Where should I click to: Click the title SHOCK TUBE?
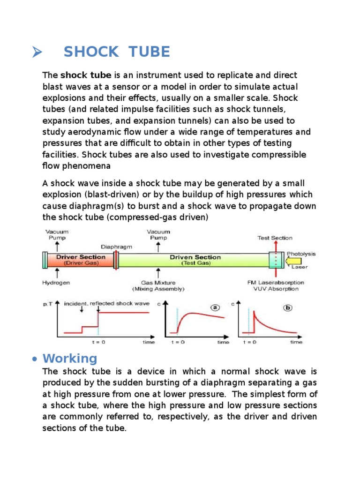pos(117,52)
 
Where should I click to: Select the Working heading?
pos(70,359)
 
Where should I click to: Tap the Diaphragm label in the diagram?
pos(116,246)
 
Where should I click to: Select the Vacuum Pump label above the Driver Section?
pos(57,234)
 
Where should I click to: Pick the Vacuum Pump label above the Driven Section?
pos(159,234)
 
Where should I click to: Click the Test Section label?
pos(275,238)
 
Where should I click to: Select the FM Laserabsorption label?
pos(276,283)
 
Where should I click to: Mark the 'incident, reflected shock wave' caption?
pos(106,303)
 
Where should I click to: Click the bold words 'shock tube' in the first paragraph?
pos(86,75)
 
